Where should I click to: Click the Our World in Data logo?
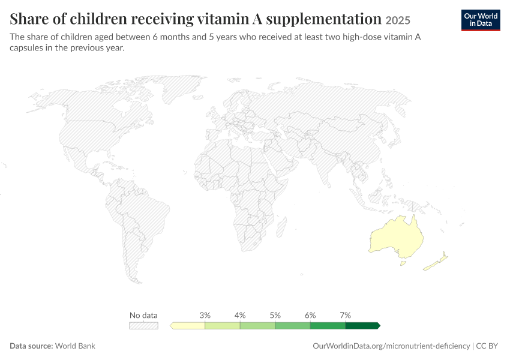[481, 20]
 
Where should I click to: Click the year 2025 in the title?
[398, 20]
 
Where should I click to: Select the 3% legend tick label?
[205, 315]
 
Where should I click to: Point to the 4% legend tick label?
[240, 315]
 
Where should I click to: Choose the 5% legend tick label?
[275, 315]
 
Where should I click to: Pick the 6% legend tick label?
[310, 315]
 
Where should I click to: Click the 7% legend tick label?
[346, 315]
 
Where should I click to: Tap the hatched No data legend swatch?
[144, 326]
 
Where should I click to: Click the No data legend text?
[143, 315]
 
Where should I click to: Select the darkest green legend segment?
[362, 326]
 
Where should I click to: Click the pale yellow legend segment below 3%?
[188, 326]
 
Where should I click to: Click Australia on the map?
[397, 236]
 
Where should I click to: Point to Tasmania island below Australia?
[403, 263]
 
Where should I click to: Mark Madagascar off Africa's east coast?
[281, 227]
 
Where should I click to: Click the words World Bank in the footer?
[75, 346]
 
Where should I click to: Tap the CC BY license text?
[487, 346]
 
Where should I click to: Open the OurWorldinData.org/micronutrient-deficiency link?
[391, 346]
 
